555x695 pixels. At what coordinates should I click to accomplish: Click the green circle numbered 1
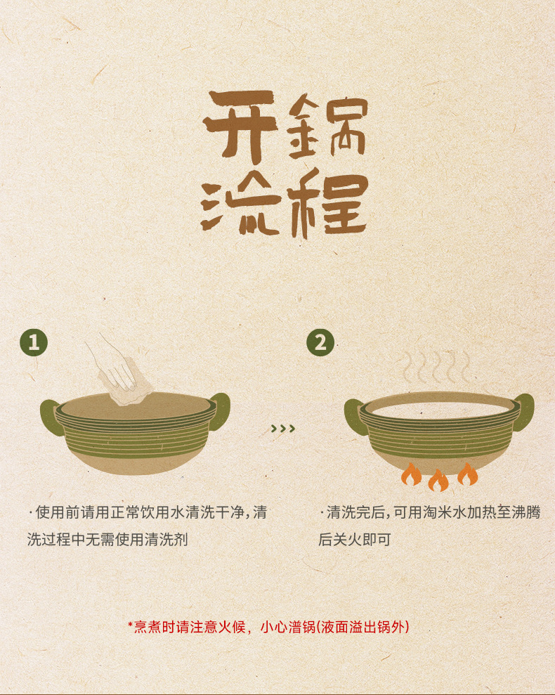[x=34, y=342]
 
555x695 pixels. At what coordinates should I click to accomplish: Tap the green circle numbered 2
[x=320, y=342]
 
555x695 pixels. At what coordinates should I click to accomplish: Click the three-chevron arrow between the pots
[x=283, y=428]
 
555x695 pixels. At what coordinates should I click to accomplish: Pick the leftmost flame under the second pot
[x=411, y=474]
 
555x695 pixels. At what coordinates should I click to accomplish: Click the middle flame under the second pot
[x=438, y=480]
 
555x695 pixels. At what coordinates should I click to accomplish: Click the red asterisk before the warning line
[x=131, y=625]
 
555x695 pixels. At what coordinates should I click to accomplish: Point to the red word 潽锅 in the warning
[x=301, y=627]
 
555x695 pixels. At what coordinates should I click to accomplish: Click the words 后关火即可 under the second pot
[x=355, y=540]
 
